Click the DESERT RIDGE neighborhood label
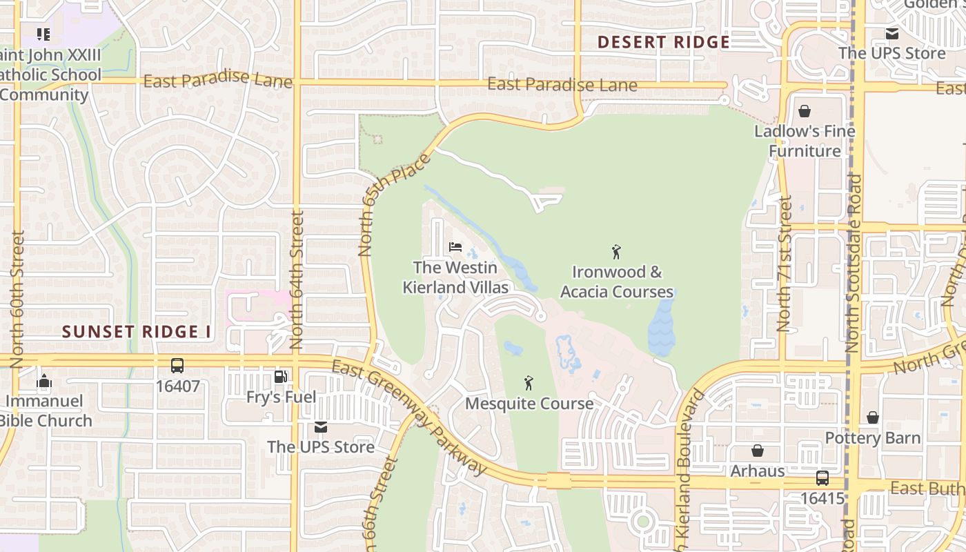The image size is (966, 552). click(x=663, y=42)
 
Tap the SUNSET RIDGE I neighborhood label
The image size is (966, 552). click(x=137, y=332)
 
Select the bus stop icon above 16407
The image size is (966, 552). click(x=177, y=366)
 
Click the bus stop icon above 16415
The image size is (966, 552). click(x=822, y=477)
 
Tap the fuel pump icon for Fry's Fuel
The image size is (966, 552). click(x=281, y=377)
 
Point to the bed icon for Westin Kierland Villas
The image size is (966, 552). click(x=455, y=247)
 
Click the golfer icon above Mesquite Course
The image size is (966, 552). click(x=529, y=383)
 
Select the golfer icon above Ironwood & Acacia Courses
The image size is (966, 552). click(x=616, y=252)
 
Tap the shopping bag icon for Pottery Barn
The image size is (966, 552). click(x=873, y=417)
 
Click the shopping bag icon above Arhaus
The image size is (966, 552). click(x=757, y=451)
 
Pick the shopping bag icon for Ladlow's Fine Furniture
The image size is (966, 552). click(x=804, y=111)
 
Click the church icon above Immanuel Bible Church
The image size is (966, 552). click(x=44, y=381)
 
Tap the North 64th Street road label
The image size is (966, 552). click(x=297, y=279)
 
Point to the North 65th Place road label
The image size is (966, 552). click(x=395, y=205)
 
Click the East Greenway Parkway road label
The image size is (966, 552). click(x=410, y=417)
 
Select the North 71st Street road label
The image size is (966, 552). click(x=785, y=264)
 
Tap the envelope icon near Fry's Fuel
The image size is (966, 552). click(x=320, y=427)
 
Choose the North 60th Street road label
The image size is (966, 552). click(x=17, y=298)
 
